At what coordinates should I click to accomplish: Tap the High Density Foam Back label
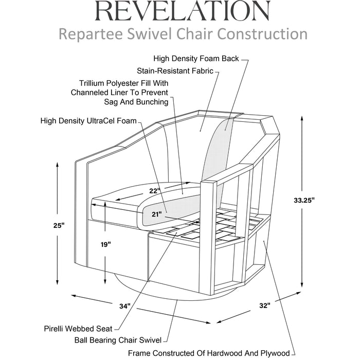(196, 59)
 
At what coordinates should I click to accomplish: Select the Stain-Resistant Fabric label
(175, 71)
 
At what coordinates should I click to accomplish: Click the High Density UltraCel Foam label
(88, 121)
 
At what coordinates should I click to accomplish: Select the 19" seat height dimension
(105, 245)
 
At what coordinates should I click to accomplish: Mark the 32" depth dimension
(264, 305)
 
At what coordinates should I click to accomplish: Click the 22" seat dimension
(155, 191)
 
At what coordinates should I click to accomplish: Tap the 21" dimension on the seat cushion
(157, 213)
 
